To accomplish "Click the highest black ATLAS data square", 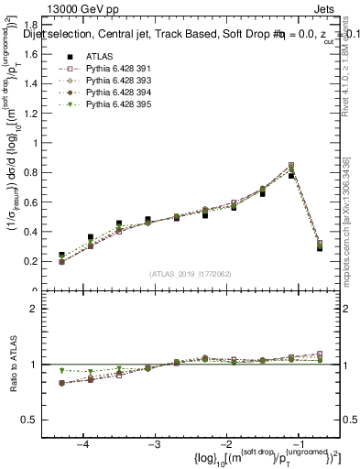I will pos(291,175).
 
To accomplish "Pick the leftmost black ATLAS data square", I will pos(62,256).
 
